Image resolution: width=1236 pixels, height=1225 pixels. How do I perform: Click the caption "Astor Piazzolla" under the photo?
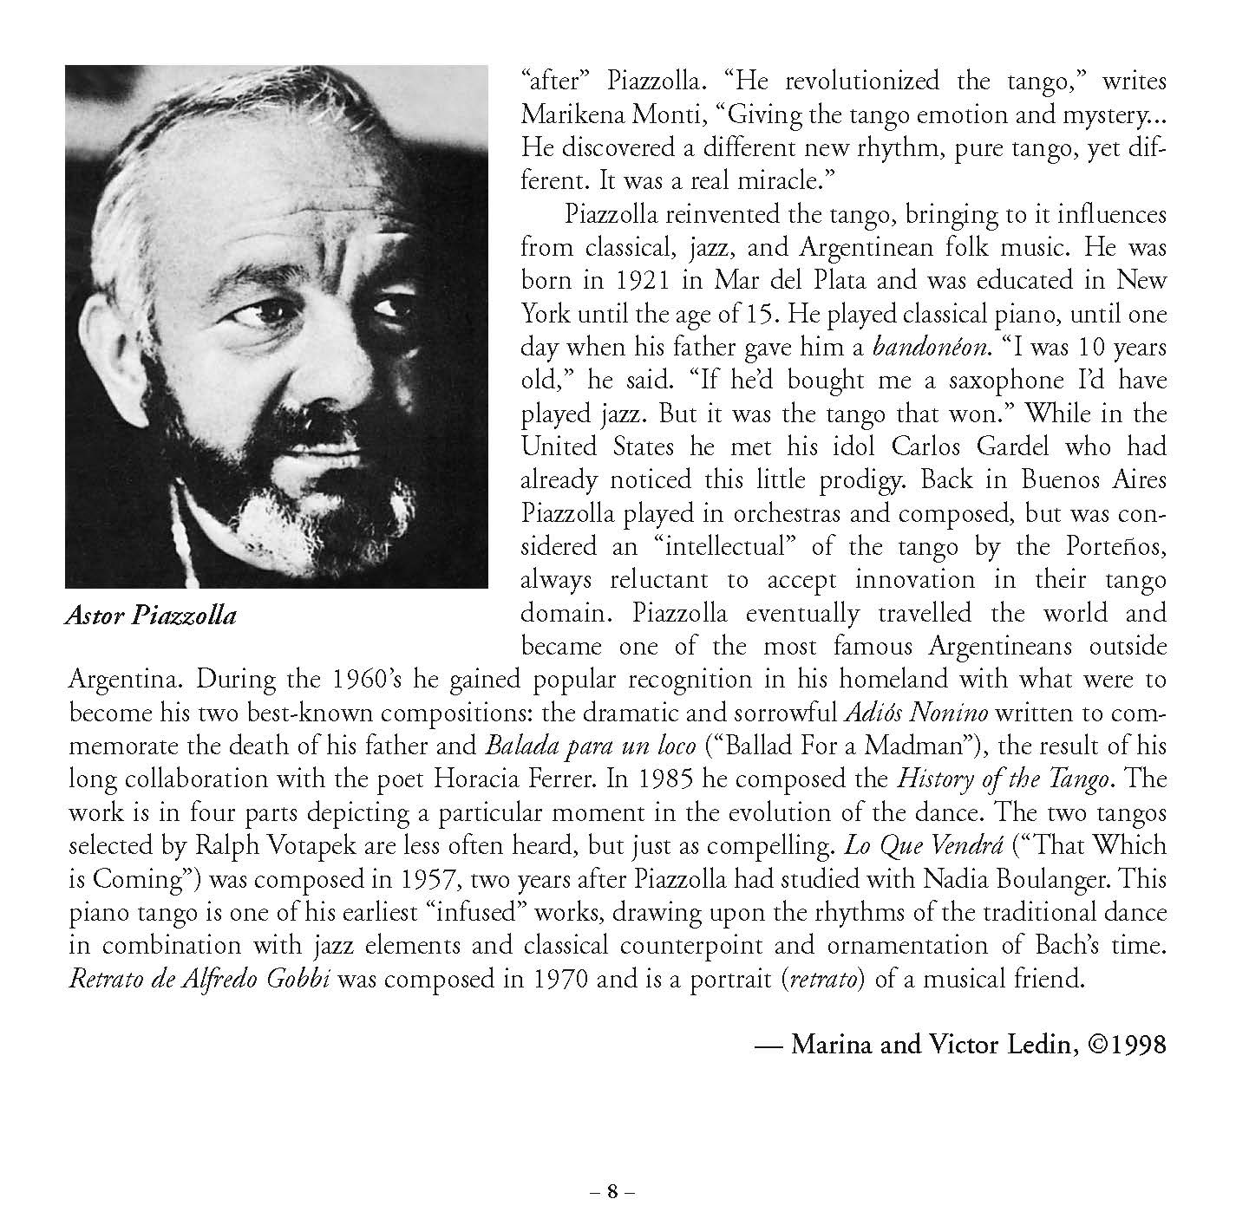(x=150, y=617)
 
